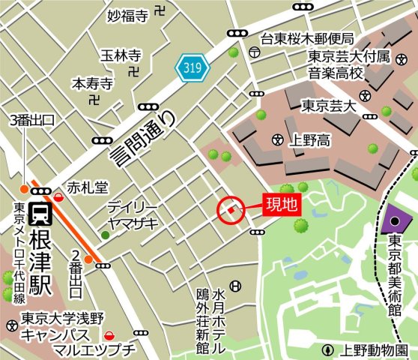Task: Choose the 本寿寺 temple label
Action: point(92,82)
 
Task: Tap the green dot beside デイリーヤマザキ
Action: point(105,235)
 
